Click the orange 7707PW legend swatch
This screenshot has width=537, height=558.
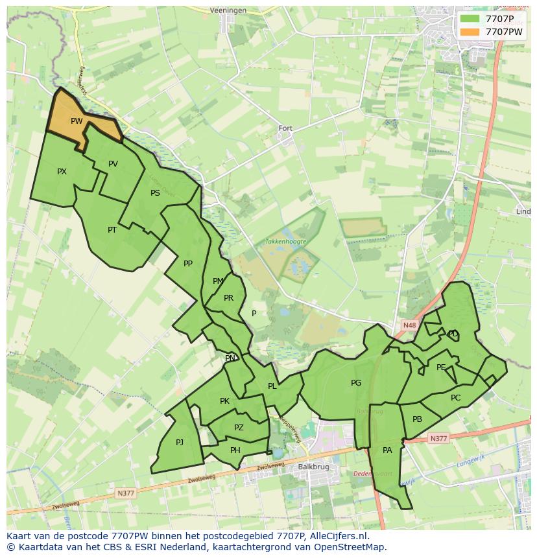[471, 32]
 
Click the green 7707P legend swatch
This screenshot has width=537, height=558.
[471, 19]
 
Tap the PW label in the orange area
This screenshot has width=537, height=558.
[77, 121]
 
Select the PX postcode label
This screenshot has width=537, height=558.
[62, 172]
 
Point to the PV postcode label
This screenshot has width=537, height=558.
[113, 164]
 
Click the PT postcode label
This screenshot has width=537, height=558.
[112, 229]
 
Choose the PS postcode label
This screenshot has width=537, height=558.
[155, 193]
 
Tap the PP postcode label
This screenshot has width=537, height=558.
[188, 264]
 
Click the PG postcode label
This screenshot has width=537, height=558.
[356, 383]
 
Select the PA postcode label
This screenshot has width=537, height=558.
[387, 450]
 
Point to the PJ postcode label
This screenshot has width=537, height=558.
[180, 443]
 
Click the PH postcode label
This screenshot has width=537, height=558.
[235, 450]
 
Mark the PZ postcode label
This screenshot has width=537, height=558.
[239, 428]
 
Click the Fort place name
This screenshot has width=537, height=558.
[285, 128]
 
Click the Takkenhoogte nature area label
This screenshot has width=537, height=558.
[285, 241]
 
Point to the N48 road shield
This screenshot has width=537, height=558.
[409, 325]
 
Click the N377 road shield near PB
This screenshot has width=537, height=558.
[439, 439]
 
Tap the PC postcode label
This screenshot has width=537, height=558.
[455, 398]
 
